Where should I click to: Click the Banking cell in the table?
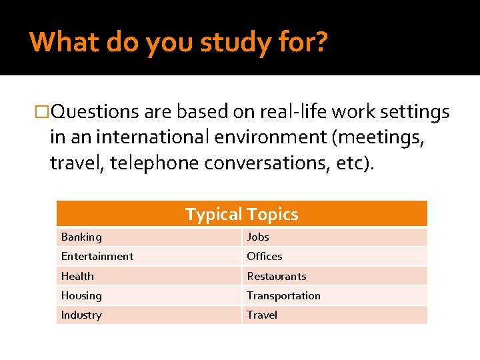(x=81, y=237)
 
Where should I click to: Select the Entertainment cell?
(x=97, y=256)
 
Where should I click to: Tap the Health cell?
(x=77, y=276)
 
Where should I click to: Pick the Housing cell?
(x=81, y=295)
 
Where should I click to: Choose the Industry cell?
(x=81, y=315)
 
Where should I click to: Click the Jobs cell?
(x=258, y=237)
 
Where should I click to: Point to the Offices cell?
(x=265, y=256)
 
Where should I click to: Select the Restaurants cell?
(x=277, y=276)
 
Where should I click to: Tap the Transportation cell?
(x=283, y=295)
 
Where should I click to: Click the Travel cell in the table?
(x=262, y=315)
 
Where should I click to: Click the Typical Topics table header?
(x=241, y=214)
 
